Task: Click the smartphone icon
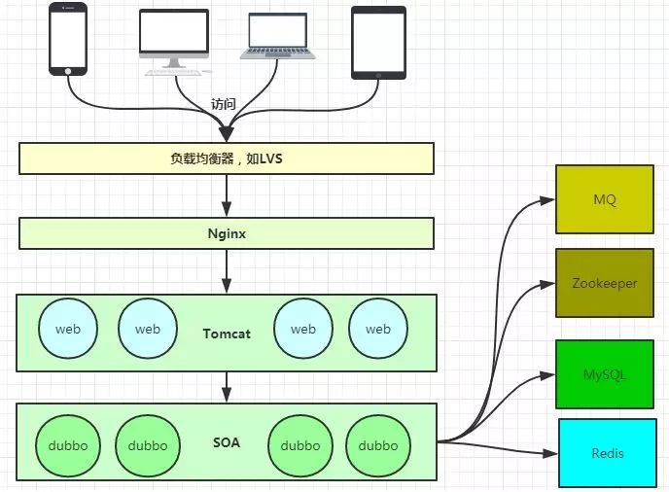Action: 68,39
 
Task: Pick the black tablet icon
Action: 378,42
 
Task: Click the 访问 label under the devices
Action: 224,104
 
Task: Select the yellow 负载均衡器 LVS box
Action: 226,158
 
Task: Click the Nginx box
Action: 226,233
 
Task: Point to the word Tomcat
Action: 227,334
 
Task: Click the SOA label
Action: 227,442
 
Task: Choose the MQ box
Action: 605,199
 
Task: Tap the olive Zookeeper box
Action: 605,283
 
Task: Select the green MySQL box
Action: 605,373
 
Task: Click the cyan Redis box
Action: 608,453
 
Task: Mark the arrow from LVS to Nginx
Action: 227,195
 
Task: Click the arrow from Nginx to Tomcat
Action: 227,271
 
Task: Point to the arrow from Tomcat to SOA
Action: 227,387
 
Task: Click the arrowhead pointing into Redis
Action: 552,453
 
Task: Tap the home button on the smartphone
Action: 68,70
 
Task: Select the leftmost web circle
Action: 68,329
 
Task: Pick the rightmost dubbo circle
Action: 378,445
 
